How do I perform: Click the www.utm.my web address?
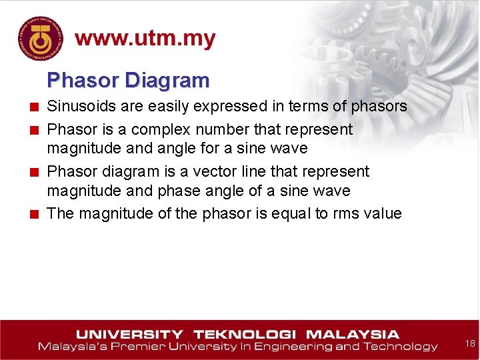[x=145, y=39]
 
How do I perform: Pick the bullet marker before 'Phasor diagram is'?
[x=33, y=172]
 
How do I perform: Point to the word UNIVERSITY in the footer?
[x=129, y=335]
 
